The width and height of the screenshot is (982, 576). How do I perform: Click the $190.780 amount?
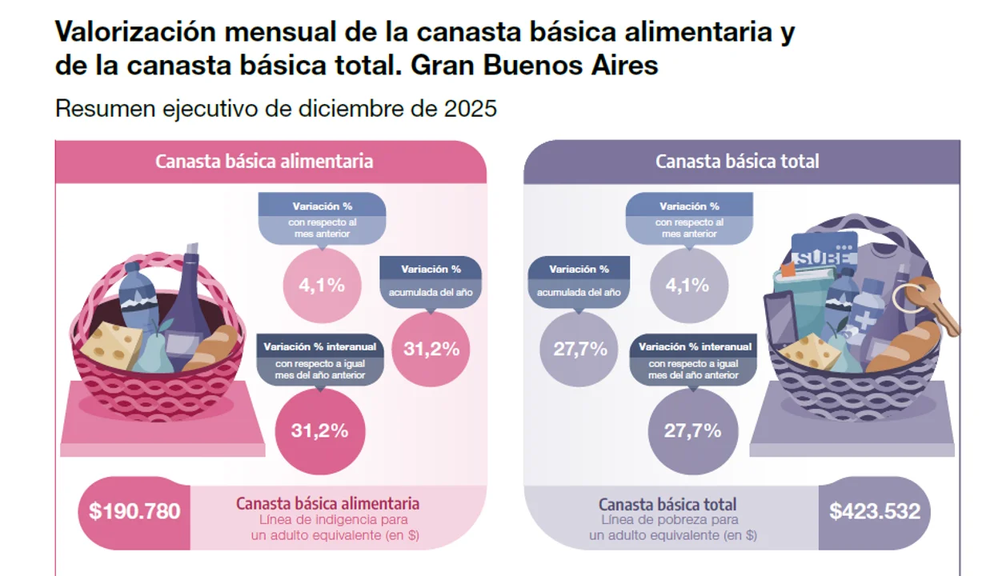(x=134, y=512)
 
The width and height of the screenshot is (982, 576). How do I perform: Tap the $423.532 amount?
(x=874, y=512)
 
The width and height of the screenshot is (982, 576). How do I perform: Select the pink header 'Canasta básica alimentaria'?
(x=264, y=161)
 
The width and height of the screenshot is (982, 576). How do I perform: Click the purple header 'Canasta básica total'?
(x=737, y=161)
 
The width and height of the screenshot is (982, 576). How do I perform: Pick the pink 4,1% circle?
(x=323, y=285)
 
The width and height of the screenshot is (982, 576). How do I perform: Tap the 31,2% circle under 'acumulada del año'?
(x=431, y=349)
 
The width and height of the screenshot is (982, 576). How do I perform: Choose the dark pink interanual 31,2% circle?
(x=319, y=430)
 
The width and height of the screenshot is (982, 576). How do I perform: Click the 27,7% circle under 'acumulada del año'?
(x=579, y=350)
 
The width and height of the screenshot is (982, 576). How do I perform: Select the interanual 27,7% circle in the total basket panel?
(x=692, y=430)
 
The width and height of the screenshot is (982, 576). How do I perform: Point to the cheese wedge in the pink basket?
(x=112, y=344)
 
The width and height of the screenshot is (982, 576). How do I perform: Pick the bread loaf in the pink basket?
(x=214, y=349)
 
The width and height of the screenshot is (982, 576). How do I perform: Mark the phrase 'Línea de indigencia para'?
(x=328, y=520)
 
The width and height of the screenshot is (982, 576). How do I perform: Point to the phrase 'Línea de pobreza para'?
(x=668, y=520)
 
